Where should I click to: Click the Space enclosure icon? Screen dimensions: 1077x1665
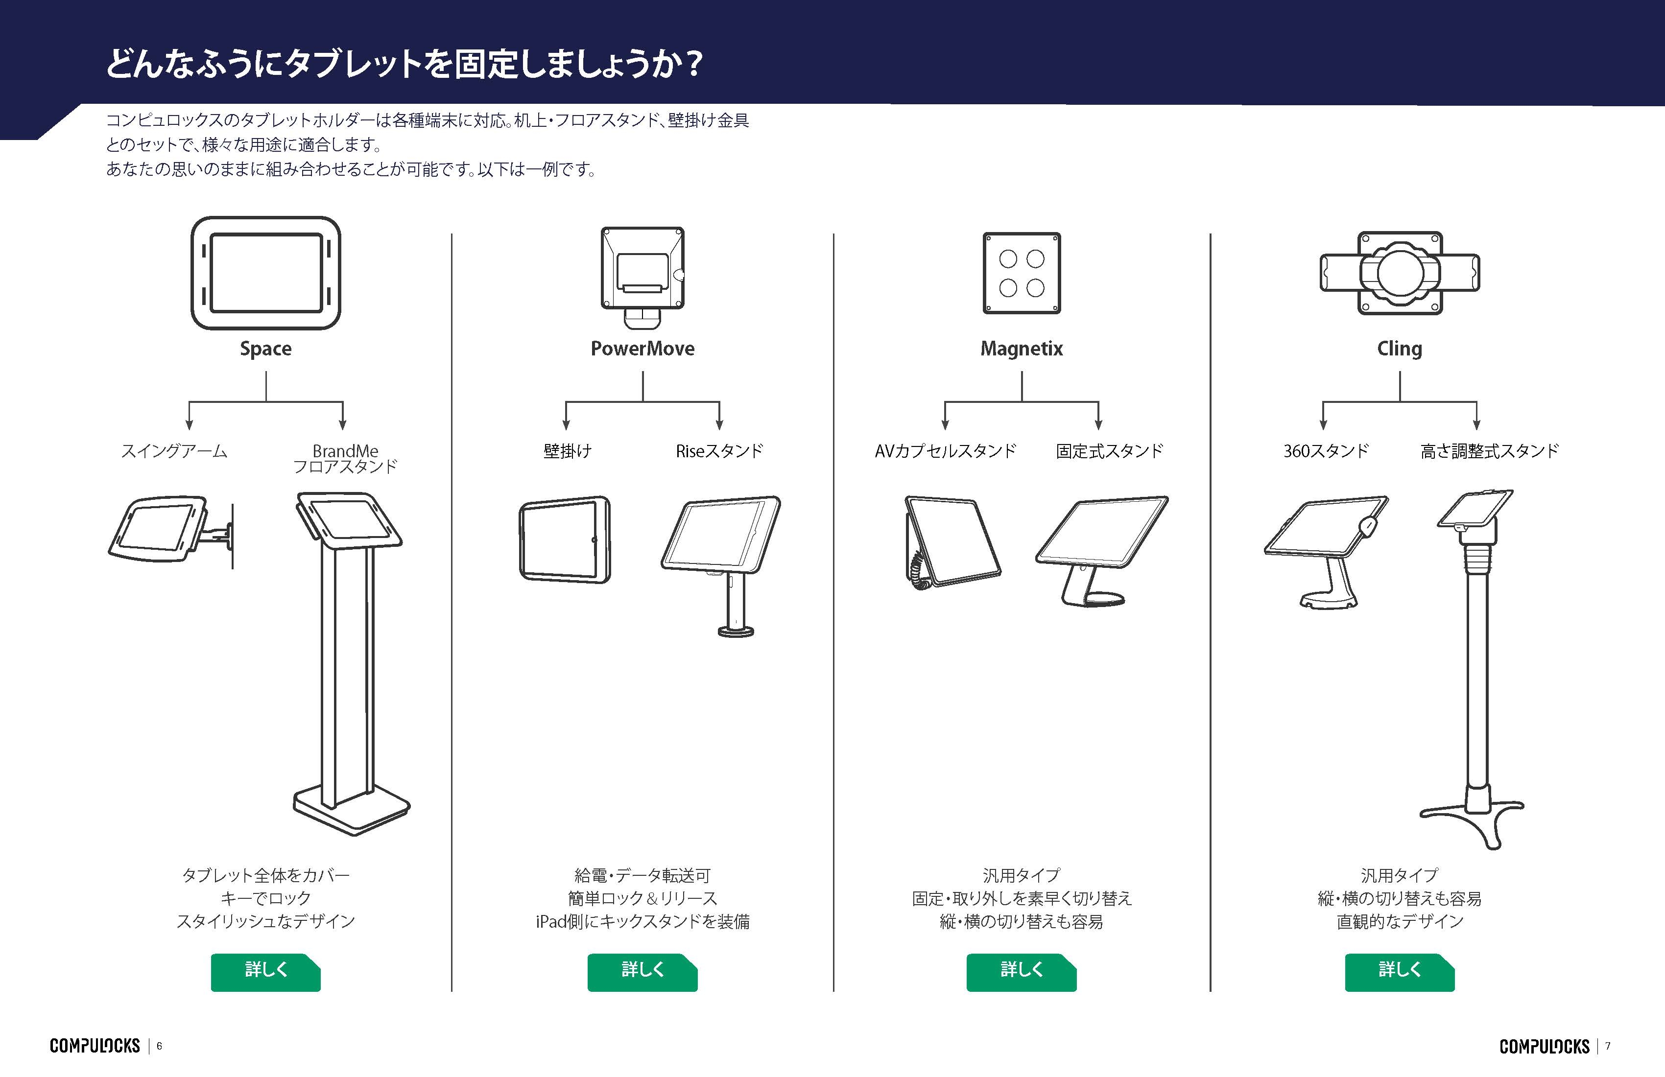[266, 273]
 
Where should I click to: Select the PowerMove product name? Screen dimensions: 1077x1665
[642, 348]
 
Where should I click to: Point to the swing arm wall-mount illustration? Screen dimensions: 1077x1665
[171, 532]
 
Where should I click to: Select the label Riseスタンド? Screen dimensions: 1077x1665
[719, 451]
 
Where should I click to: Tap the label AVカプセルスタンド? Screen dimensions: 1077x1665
[945, 451]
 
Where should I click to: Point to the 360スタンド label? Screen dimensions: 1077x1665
[1326, 451]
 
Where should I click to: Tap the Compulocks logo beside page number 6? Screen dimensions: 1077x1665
[95, 1046]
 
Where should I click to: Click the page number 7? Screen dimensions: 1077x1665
[1608, 1046]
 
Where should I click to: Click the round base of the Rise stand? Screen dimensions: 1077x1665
[736, 632]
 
